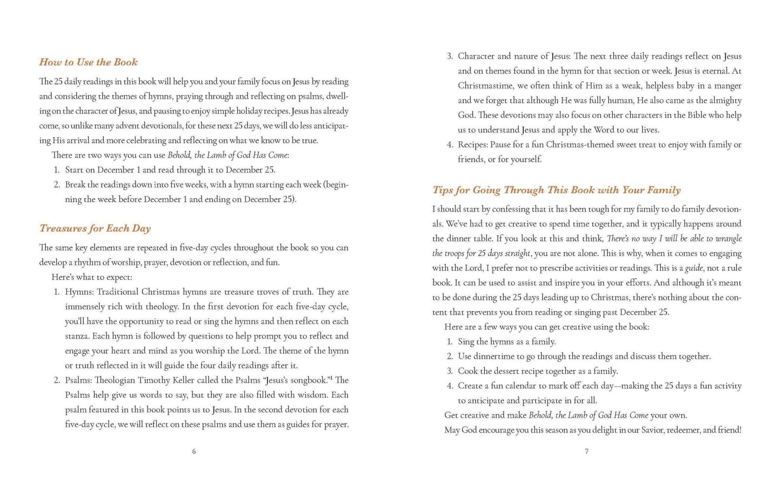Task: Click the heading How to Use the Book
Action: pyautogui.click(x=88, y=62)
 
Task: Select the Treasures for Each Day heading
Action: pyautogui.click(x=95, y=228)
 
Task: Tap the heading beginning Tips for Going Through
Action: pyautogui.click(x=556, y=190)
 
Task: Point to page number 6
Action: pyautogui.click(x=194, y=451)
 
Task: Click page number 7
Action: pyautogui.click(x=586, y=451)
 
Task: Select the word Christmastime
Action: pyautogui.click(x=484, y=86)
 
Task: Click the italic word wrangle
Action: pyautogui.click(x=727, y=239)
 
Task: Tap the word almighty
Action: pyautogui.click(x=722, y=100)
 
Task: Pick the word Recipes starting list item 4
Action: pyautogui.click(x=473, y=145)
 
